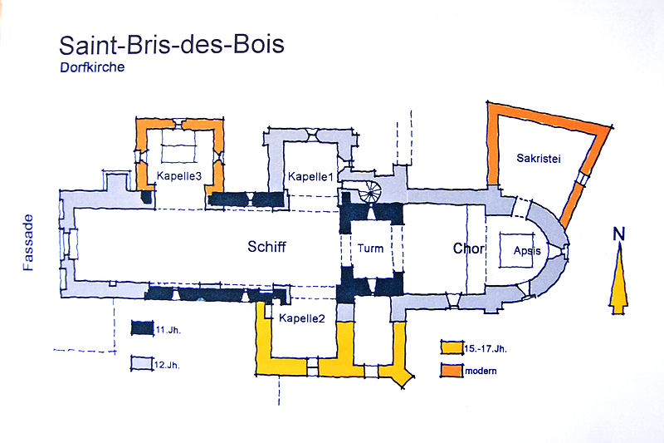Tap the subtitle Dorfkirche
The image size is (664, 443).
click(91, 69)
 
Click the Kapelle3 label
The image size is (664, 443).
click(179, 175)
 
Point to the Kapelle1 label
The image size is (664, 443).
click(310, 177)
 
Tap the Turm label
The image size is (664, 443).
click(371, 249)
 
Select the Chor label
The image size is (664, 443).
click(469, 249)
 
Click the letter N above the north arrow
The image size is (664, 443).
click(618, 234)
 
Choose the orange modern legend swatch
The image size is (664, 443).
click(452, 370)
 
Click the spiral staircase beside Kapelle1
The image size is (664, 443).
click(369, 192)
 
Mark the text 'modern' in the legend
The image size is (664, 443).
click(481, 371)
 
